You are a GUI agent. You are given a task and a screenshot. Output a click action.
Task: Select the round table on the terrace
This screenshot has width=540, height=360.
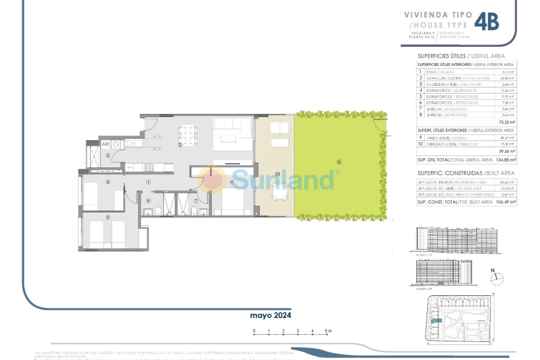pyautogui.click(x=280, y=193)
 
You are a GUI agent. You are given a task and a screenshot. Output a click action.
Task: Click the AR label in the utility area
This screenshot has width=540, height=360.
pyautogui.click(x=105, y=145)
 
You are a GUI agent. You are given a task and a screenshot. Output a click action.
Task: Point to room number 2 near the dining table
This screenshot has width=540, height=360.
pyautogui.click(x=180, y=145)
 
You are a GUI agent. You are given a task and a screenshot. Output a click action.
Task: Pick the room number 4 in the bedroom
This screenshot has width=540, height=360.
pyautogui.click(x=231, y=182)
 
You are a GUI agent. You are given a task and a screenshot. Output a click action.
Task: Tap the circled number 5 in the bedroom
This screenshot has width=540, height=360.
pyautogui.click(x=108, y=217)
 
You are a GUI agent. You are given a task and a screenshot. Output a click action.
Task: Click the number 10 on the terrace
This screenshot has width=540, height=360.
pyautogui.click(x=277, y=175)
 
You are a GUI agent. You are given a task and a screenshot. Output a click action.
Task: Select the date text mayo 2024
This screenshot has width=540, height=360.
pyautogui.click(x=271, y=314)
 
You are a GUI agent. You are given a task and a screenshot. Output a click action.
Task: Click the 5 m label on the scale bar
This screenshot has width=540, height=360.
pyautogui.click(x=329, y=331)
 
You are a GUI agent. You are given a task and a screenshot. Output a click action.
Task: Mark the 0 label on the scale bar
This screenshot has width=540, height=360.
pyautogui.click(x=254, y=331)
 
